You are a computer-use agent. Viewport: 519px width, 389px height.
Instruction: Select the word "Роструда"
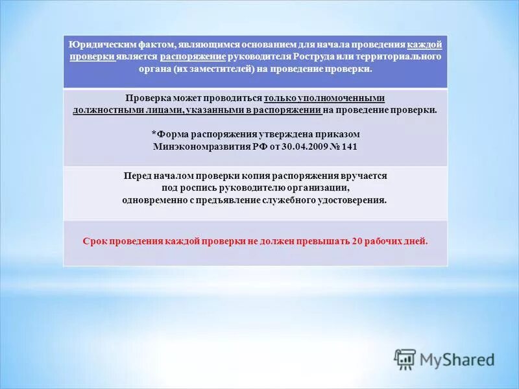314,57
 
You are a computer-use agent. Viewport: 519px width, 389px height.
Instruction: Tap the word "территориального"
407,57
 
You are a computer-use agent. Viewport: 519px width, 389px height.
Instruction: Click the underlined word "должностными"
102,110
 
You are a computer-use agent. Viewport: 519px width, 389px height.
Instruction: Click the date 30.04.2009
299,147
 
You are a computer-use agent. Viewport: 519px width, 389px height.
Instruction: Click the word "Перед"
137,176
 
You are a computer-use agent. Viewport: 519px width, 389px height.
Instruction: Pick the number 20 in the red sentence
357,241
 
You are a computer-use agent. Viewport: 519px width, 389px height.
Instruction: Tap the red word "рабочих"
387,241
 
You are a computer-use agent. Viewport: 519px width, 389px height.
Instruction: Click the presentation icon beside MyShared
405,359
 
